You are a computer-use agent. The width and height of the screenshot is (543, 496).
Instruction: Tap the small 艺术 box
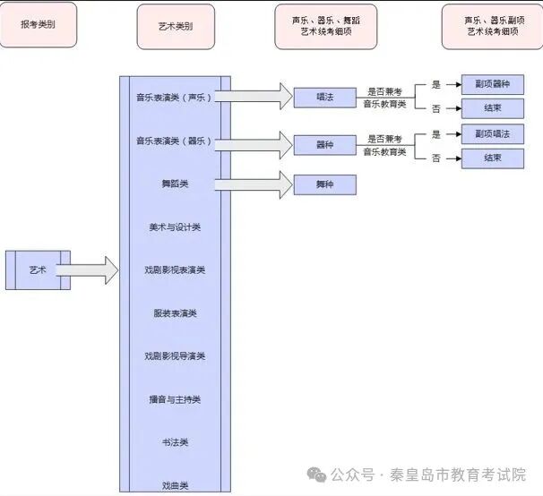37,269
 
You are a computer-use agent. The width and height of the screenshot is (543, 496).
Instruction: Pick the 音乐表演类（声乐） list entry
174,98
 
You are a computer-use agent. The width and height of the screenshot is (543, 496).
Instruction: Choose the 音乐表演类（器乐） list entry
174,141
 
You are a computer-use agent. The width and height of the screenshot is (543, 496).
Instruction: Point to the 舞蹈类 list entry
175,184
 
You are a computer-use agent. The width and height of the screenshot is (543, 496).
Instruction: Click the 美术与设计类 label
175,227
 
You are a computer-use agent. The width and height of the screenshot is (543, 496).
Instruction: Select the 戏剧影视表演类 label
175,270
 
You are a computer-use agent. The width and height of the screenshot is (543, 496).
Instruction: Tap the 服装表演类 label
175,313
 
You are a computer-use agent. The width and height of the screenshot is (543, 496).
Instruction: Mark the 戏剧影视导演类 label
175,356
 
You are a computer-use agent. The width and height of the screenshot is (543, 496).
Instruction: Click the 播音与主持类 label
175,399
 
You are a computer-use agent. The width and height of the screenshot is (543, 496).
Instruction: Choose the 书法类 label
175,442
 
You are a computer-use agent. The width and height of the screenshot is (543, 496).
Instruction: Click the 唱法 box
324,97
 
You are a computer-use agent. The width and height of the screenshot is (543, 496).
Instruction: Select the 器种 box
324,143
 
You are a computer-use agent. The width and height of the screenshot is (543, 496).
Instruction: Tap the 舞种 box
324,185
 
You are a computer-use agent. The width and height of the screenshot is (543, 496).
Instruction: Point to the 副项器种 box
492,84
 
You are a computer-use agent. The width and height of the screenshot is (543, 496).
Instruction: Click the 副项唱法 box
492,133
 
